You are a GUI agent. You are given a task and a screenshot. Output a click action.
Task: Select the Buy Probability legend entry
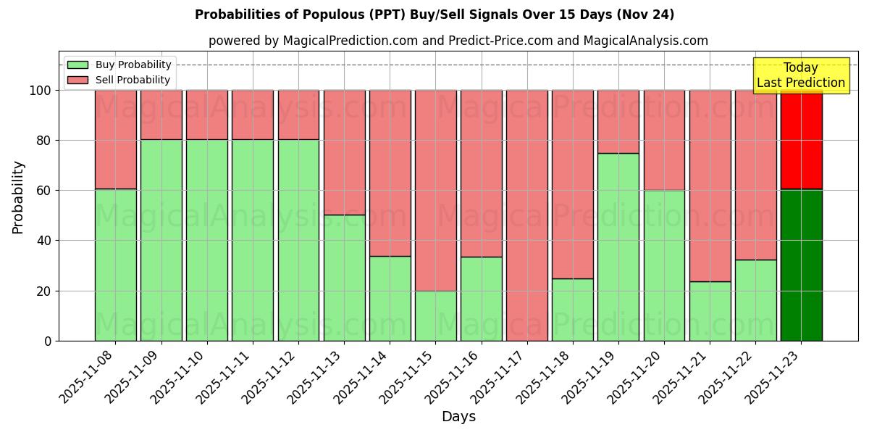119,65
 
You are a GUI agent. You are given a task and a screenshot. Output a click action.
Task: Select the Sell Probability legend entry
119,80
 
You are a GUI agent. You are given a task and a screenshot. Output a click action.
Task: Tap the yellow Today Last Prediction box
800,75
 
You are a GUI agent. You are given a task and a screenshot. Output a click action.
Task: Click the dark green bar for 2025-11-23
801,265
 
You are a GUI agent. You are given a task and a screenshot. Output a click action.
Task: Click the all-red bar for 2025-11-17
527,215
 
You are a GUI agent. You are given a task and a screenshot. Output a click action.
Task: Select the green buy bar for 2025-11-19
618,246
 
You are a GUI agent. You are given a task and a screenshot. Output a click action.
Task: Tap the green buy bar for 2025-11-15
435,315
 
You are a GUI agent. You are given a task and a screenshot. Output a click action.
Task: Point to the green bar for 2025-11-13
344,278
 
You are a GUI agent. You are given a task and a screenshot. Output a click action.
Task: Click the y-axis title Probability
18,196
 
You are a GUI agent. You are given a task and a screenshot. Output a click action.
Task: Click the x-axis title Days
458,417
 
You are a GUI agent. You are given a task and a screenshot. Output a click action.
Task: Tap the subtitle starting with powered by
458,41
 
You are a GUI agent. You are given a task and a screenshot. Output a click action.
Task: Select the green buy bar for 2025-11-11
253,240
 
